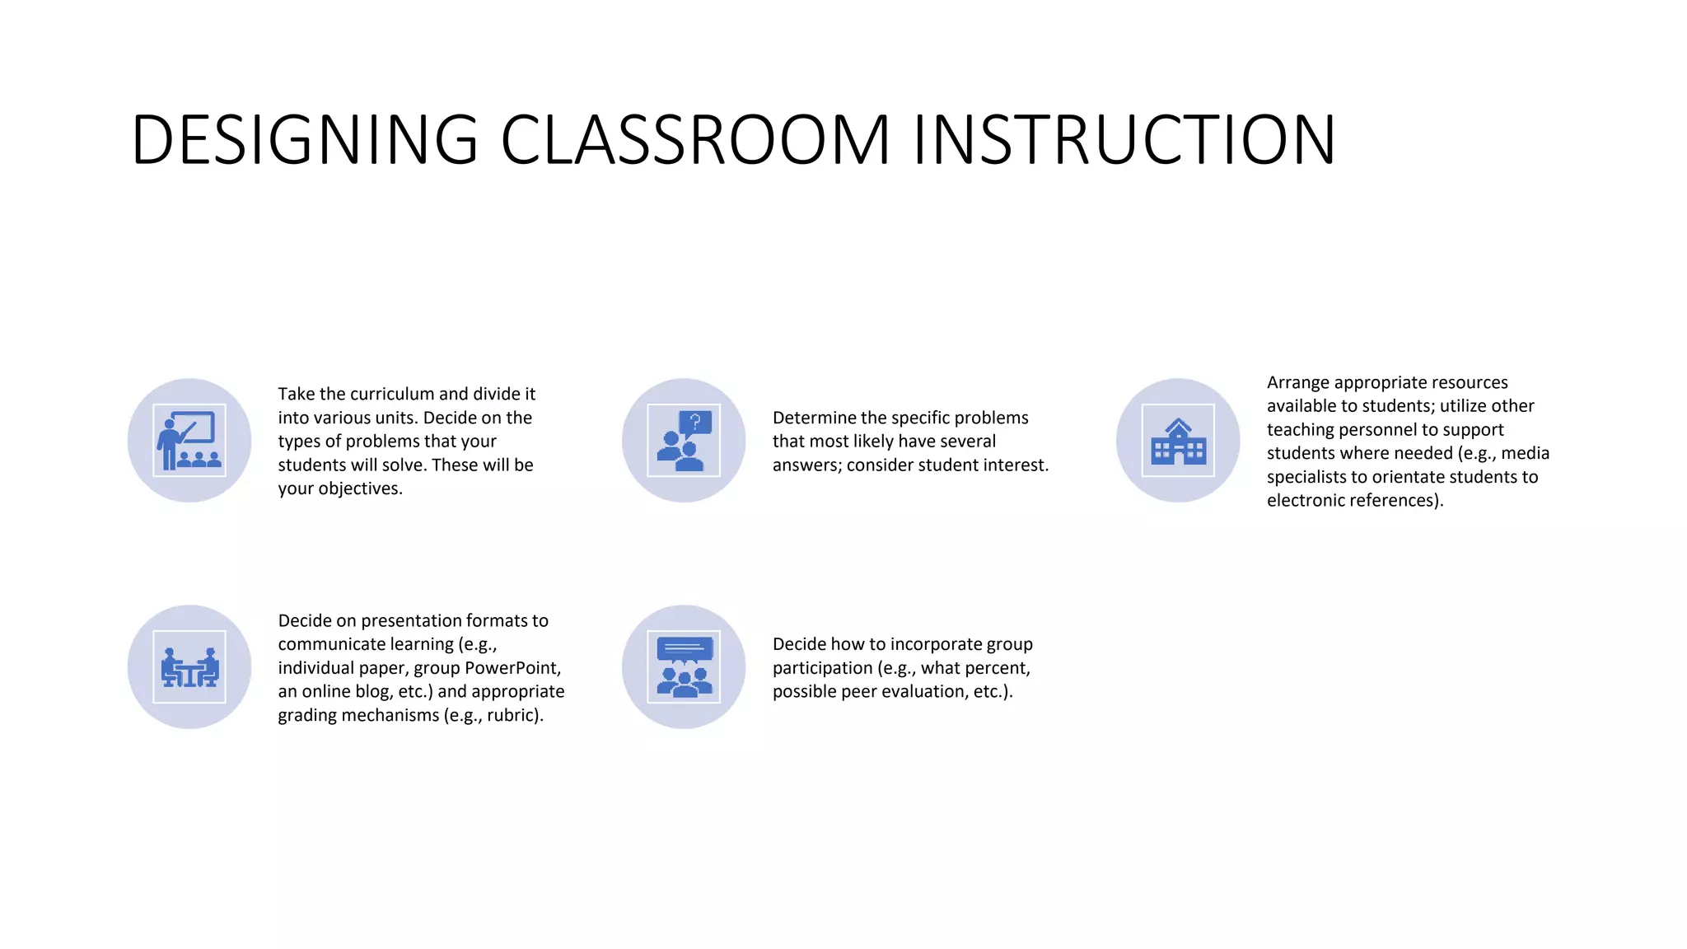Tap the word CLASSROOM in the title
point(695,139)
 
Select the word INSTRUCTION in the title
point(1124,139)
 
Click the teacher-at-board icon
point(189,441)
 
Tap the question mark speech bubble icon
point(684,441)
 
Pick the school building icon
point(1178,441)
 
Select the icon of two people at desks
point(189,667)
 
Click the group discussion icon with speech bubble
point(684,667)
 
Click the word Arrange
point(1297,383)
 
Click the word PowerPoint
point(512,668)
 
